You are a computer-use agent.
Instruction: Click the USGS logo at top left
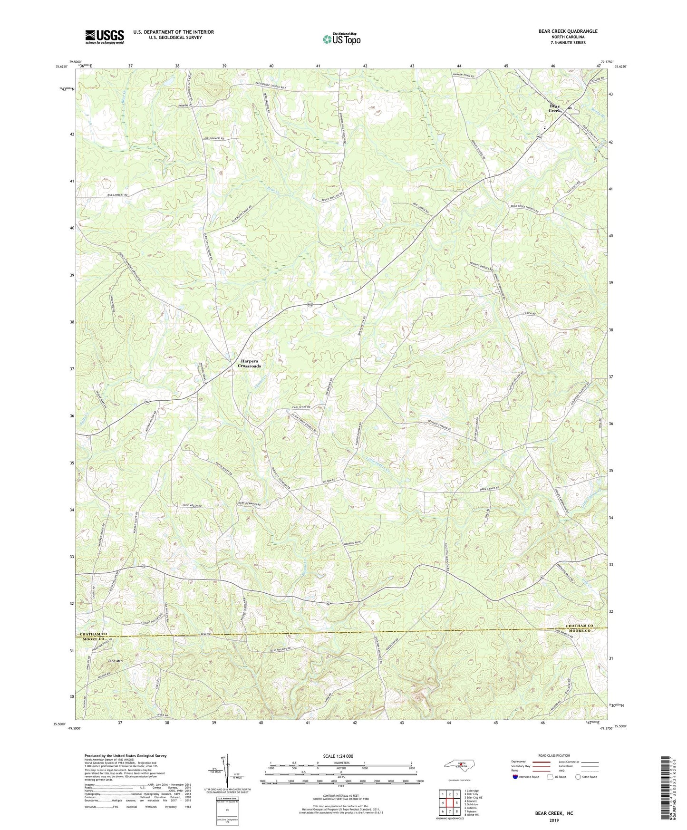pos(104,36)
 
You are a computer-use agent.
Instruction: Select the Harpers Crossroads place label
pos(249,364)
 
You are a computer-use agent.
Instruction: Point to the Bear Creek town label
pos(555,108)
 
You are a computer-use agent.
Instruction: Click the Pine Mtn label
pos(115,661)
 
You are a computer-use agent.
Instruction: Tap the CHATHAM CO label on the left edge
pos(94,634)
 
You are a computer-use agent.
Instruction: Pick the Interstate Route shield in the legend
pos(516,777)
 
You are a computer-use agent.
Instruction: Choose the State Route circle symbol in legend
pos(578,777)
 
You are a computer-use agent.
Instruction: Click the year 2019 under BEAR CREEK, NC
pos(554,820)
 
